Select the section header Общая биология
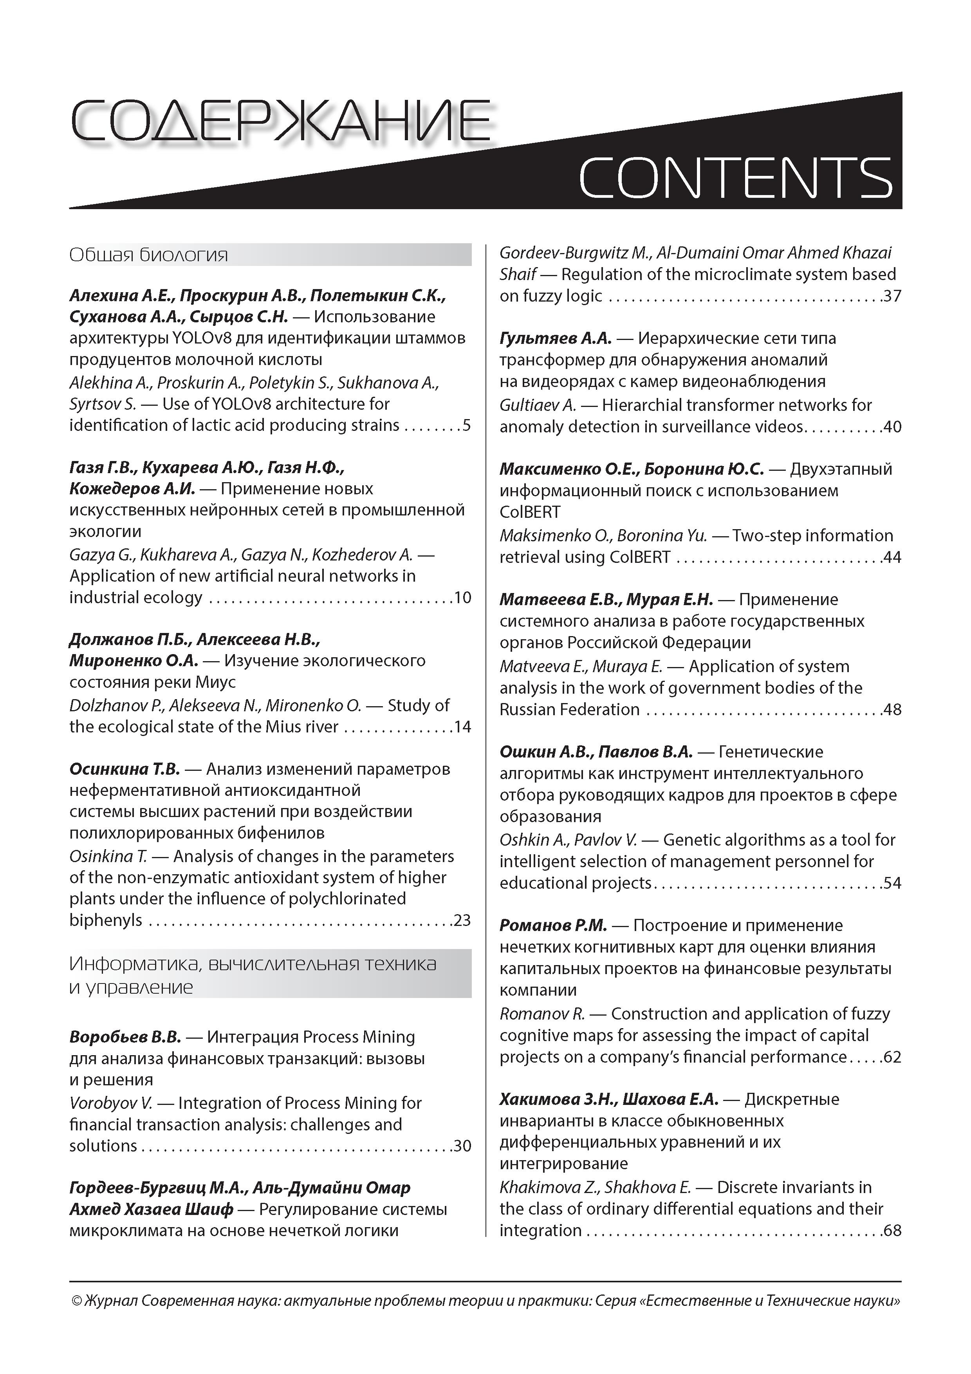(x=148, y=255)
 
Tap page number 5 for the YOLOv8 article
(x=467, y=425)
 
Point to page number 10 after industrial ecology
(x=462, y=597)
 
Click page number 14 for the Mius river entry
(x=462, y=727)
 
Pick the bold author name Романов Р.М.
(x=553, y=926)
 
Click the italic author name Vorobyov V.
(x=111, y=1103)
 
